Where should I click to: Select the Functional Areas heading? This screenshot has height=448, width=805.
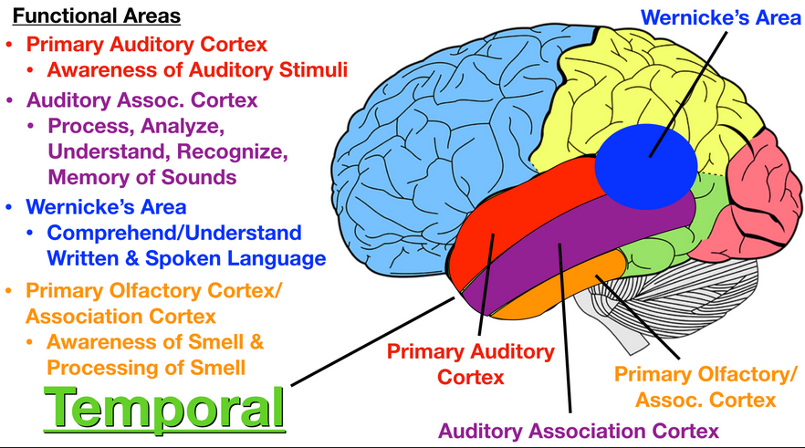pyautogui.click(x=96, y=16)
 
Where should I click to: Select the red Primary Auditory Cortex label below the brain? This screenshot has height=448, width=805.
pyautogui.click(x=469, y=363)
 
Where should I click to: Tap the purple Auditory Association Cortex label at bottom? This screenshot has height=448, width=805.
pyautogui.click(x=579, y=430)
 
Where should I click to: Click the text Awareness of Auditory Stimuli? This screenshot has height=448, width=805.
pyautogui.click(x=197, y=68)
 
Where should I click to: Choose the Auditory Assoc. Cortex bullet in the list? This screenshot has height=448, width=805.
pyautogui.click(x=141, y=99)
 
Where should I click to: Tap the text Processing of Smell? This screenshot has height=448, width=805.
pyautogui.click(x=146, y=368)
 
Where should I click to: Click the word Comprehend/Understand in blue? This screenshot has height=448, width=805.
pyautogui.click(x=173, y=233)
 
